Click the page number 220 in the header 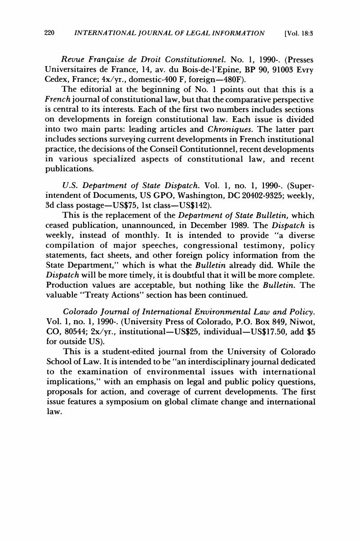[x=49, y=33]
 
